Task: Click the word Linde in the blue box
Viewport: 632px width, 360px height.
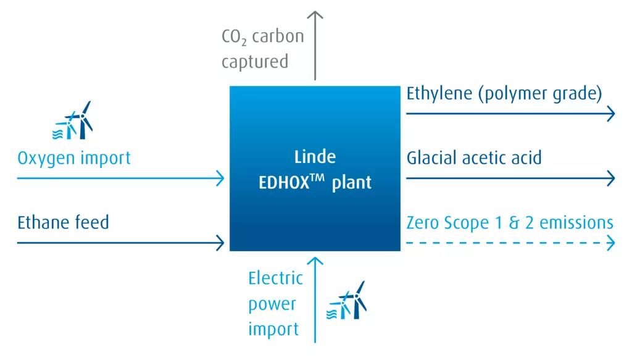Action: pos(315,156)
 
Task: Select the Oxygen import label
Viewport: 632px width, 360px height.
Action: pos(74,158)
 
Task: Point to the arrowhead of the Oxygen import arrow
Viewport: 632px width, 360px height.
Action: pos(220,178)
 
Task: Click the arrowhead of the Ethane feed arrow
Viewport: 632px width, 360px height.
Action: pos(220,242)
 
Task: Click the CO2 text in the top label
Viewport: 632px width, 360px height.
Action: pos(233,37)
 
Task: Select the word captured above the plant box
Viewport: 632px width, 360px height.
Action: pos(255,62)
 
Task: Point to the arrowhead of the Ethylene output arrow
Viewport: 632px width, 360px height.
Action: pos(610,114)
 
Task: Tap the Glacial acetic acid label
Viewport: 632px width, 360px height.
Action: pos(474,157)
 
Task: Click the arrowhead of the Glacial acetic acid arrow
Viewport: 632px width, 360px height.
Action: pos(610,178)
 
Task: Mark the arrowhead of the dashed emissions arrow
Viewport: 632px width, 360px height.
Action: pos(610,243)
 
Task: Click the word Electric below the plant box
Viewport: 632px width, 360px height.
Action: pos(275,278)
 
